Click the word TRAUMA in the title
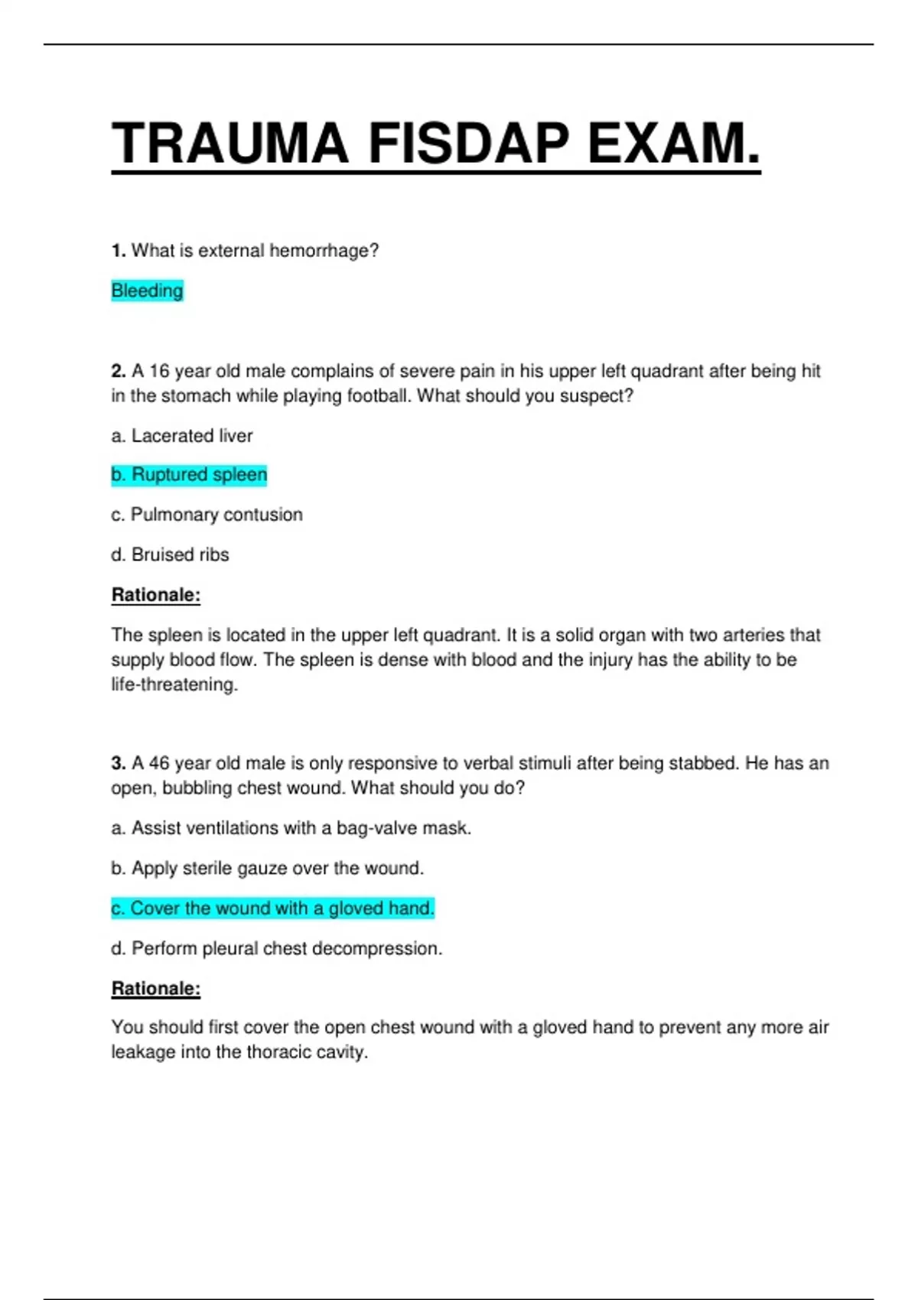(229, 144)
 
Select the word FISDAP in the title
(468, 144)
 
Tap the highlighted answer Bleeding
(147, 291)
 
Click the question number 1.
(118, 251)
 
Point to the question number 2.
(118, 372)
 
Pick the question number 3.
(118, 763)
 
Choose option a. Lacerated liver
(182, 436)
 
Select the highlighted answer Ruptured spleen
(189, 475)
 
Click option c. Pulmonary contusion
(207, 515)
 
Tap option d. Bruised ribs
(170, 554)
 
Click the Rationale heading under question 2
(156, 595)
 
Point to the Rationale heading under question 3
(156, 989)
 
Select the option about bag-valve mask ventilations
(291, 828)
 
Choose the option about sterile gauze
(267, 869)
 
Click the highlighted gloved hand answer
(272, 908)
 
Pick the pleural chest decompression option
(276, 949)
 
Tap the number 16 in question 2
(159, 372)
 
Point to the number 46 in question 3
(159, 763)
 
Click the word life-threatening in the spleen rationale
(174, 684)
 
